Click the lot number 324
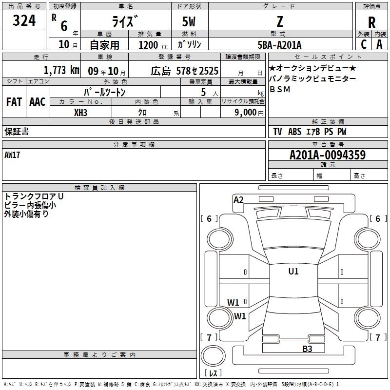[24, 20]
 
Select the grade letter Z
[280, 21]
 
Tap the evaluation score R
[371, 22]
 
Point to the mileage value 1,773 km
[61, 70]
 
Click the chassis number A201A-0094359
[328, 155]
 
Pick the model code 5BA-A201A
[279, 45]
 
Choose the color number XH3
[80, 113]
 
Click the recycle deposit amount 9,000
[245, 113]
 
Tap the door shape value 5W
[189, 21]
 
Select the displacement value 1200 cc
[153, 45]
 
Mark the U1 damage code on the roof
[293, 272]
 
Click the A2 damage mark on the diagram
[238, 200]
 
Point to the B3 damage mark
[307, 349]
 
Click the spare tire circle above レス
[213, 356]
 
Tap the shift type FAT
[14, 102]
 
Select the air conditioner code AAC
[38, 102]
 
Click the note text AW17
[12, 155]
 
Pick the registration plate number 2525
[208, 71]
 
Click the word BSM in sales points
[280, 89]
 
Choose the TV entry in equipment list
[277, 132]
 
